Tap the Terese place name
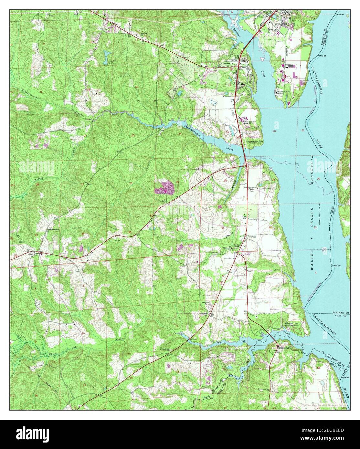252,237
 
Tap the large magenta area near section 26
165,187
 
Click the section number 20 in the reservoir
274,131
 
